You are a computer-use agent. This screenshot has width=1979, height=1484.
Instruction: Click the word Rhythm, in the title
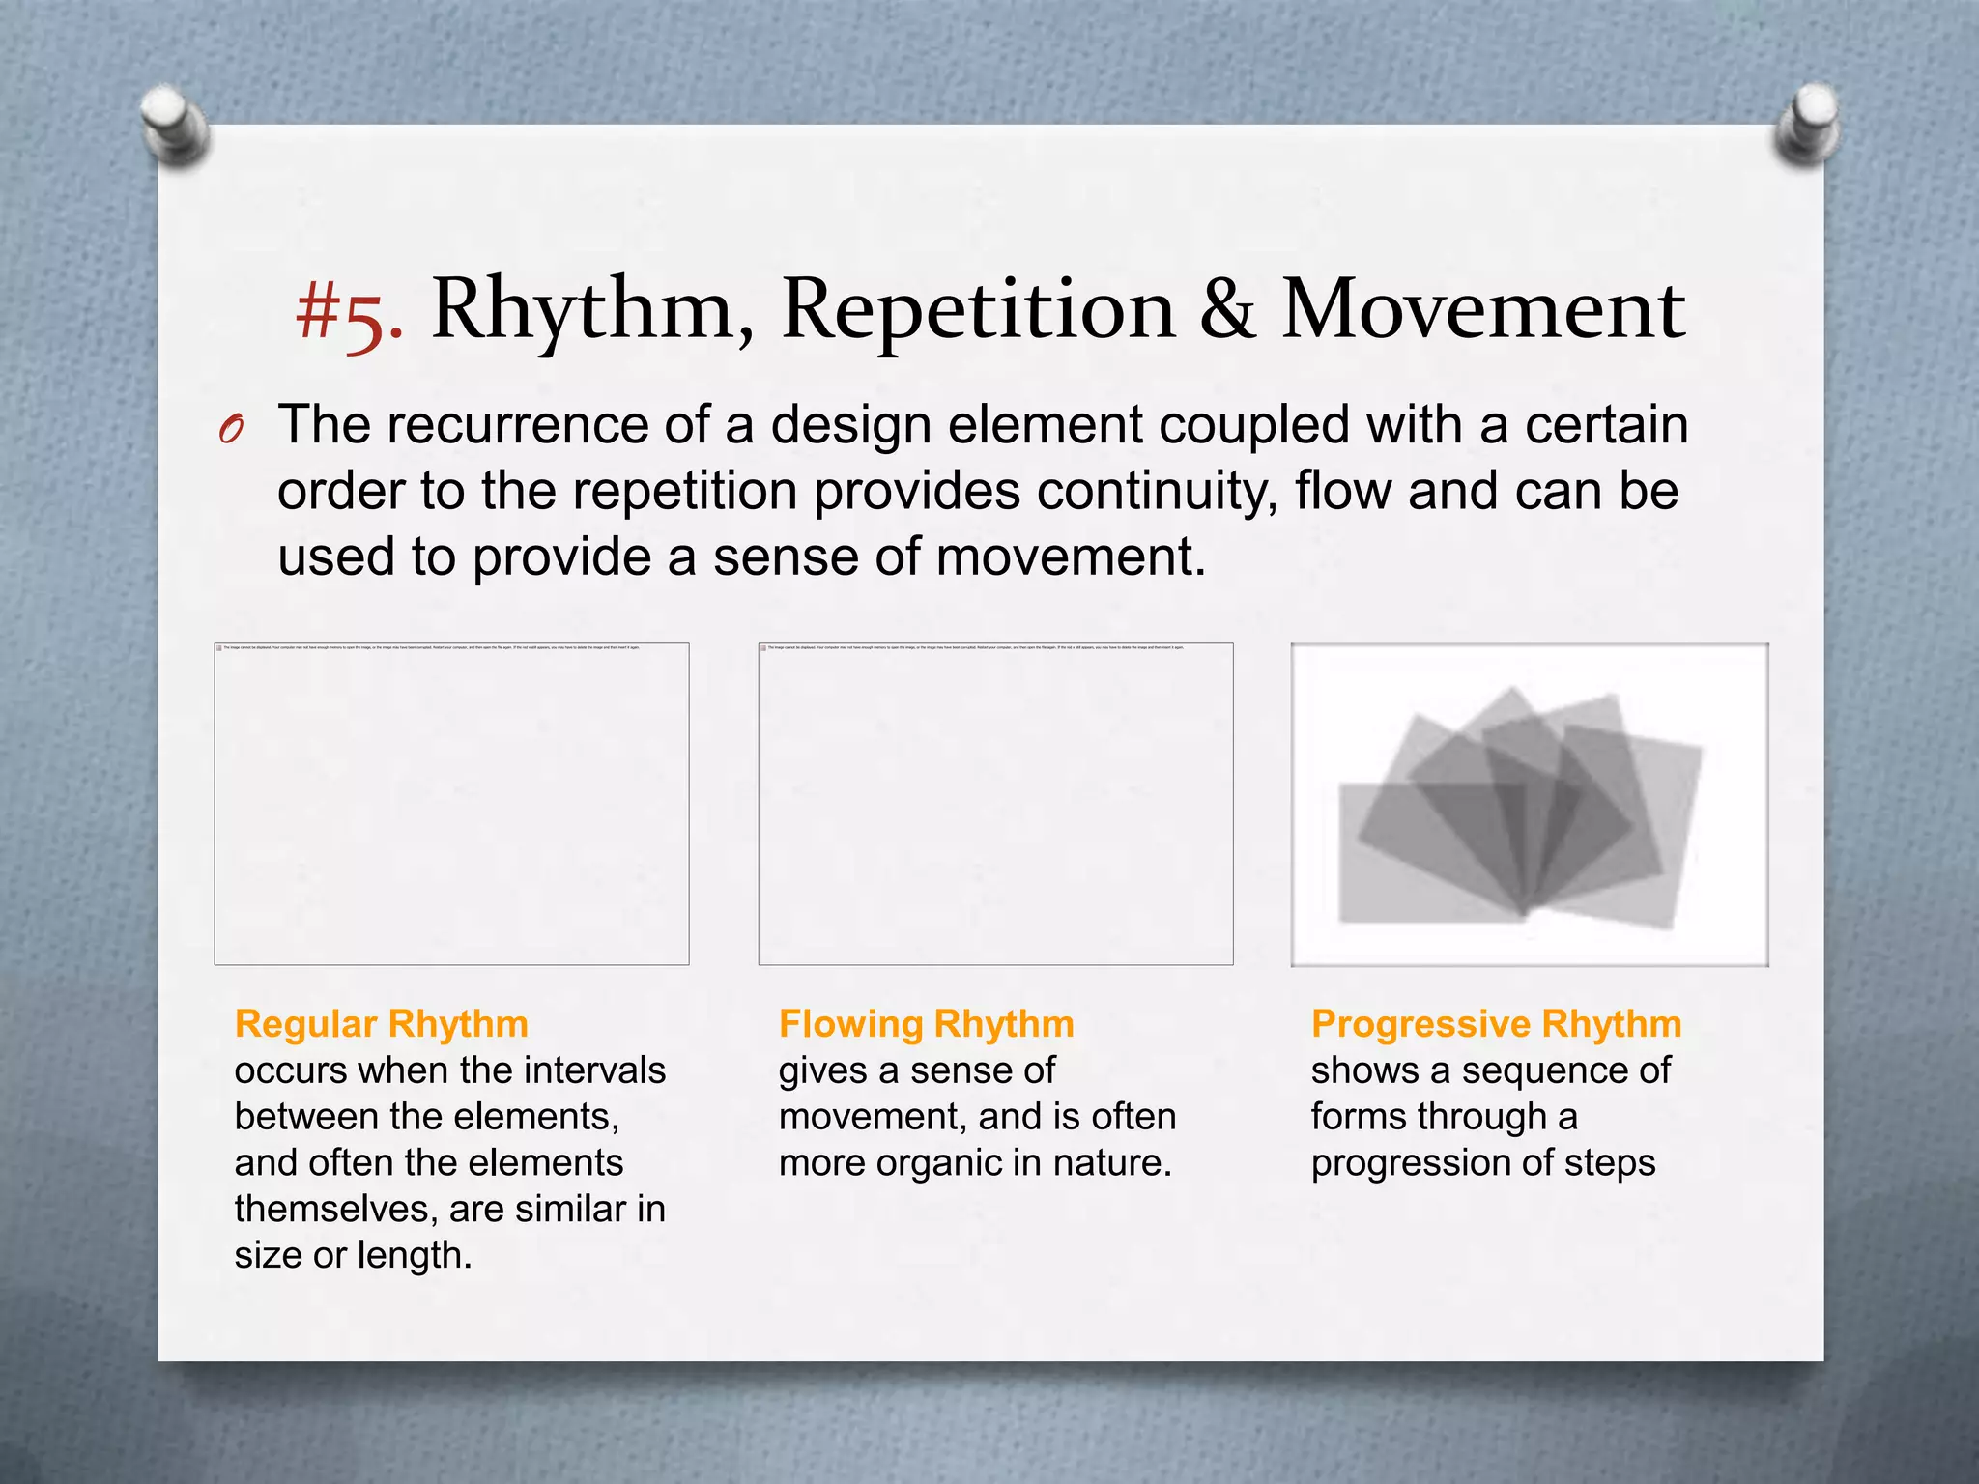(x=591, y=311)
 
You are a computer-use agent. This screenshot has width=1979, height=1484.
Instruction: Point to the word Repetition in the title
(x=978, y=311)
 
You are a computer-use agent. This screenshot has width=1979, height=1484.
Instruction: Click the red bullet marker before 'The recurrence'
(x=230, y=429)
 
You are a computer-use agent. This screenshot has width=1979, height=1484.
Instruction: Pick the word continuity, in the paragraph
(x=1156, y=491)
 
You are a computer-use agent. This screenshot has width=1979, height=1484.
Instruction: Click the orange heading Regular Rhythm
(x=382, y=1024)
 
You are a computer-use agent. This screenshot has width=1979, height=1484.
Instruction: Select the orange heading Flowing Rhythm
(x=926, y=1024)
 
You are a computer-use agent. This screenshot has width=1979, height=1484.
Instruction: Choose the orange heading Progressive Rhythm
(x=1496, y=1024)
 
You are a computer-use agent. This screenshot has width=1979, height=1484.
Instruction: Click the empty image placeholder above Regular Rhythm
(x=451, y=804)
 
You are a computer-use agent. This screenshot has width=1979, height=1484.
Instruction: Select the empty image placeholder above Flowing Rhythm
(x=995, y=804)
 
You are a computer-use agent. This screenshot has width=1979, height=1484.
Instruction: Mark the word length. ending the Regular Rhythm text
(x=415, y=1255)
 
